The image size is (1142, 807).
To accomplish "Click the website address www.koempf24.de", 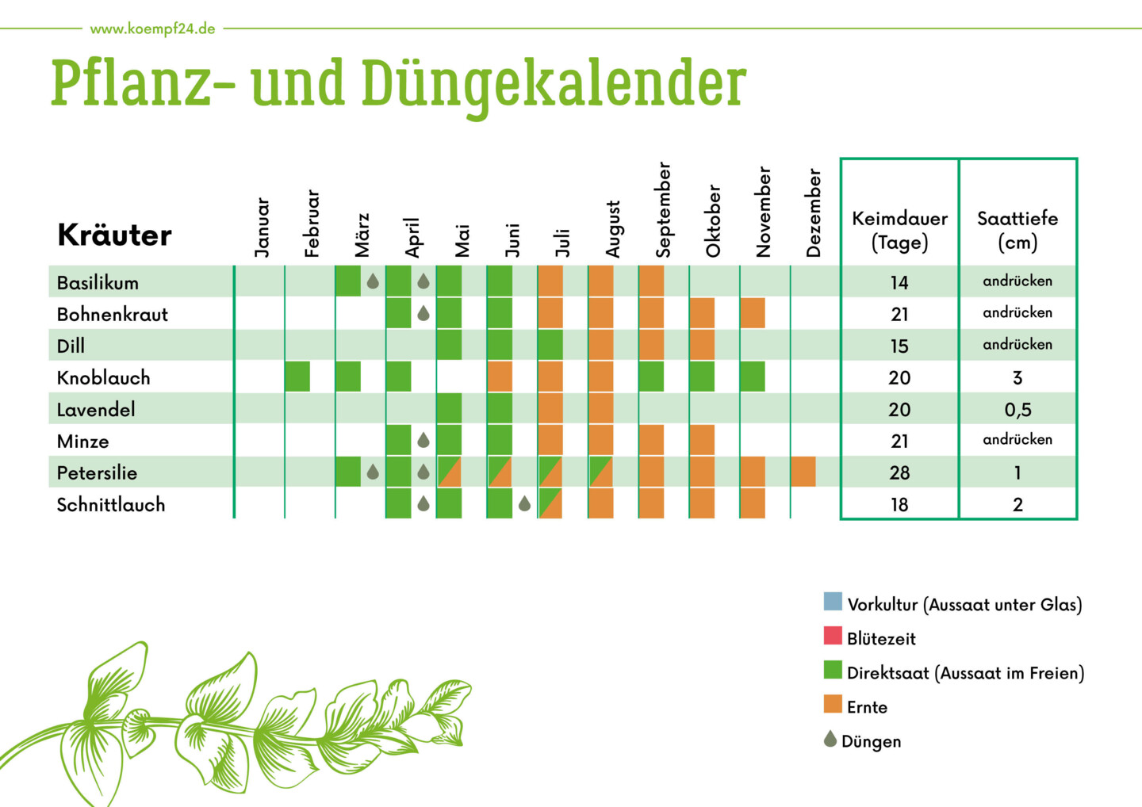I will (x=152, y=29).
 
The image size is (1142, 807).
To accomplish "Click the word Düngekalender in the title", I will (x=554, y=84).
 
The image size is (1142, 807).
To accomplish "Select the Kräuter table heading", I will (x=114, y=235).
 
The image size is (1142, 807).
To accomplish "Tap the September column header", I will (x=663, y=210).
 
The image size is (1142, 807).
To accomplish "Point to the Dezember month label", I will (x=814, y=212).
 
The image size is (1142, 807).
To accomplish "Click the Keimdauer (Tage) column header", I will (x=899, y=230).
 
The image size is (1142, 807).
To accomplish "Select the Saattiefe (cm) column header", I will (x=1017, y=230).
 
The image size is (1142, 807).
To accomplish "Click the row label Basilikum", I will (x=98, y=282).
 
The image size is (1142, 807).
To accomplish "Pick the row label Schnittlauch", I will (x=110, y=504).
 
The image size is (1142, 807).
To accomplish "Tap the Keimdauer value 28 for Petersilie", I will (x=899, y=472).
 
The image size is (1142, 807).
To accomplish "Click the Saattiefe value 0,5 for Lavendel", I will (x=1017, y=409).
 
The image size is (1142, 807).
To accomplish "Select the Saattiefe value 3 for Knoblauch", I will (x=1017, y=377).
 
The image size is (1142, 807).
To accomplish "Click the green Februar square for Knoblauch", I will (x=297, y=377).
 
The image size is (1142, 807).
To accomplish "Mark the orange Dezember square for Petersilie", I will (x=803, y=472).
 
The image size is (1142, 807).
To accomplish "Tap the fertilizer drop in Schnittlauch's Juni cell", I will (x=524, y=503).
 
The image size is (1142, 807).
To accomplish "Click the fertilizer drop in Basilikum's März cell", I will (x=373, y=281).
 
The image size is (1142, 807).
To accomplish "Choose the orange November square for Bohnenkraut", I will (x=752, y=313).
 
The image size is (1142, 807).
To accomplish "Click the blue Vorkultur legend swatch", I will (x=833, y=601).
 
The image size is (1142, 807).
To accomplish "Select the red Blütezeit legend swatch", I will (x=833, y=636).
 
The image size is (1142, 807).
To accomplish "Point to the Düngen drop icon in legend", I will (x=830, y=739).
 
